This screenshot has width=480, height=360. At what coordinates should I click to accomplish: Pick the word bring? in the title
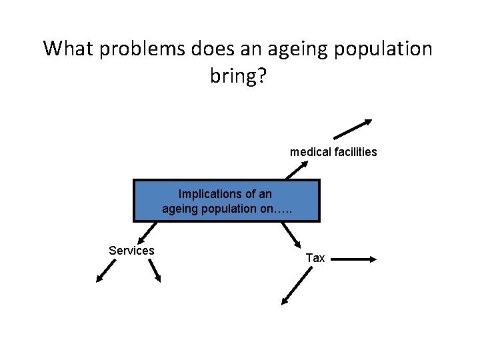click(239, 77)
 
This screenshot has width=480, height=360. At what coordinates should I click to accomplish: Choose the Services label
click(131, 251)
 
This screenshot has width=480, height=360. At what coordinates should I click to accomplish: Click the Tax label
click(315, 257)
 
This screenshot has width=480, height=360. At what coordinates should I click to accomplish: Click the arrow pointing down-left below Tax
click(297, 288)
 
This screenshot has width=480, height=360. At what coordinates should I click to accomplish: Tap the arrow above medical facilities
click(348, 131)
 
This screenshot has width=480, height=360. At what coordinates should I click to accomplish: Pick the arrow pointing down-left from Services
click(105, 271)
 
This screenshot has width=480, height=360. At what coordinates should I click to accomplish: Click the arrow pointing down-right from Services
click(154, 270)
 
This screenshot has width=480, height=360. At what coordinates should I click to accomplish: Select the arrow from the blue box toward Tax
click(291, 233)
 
